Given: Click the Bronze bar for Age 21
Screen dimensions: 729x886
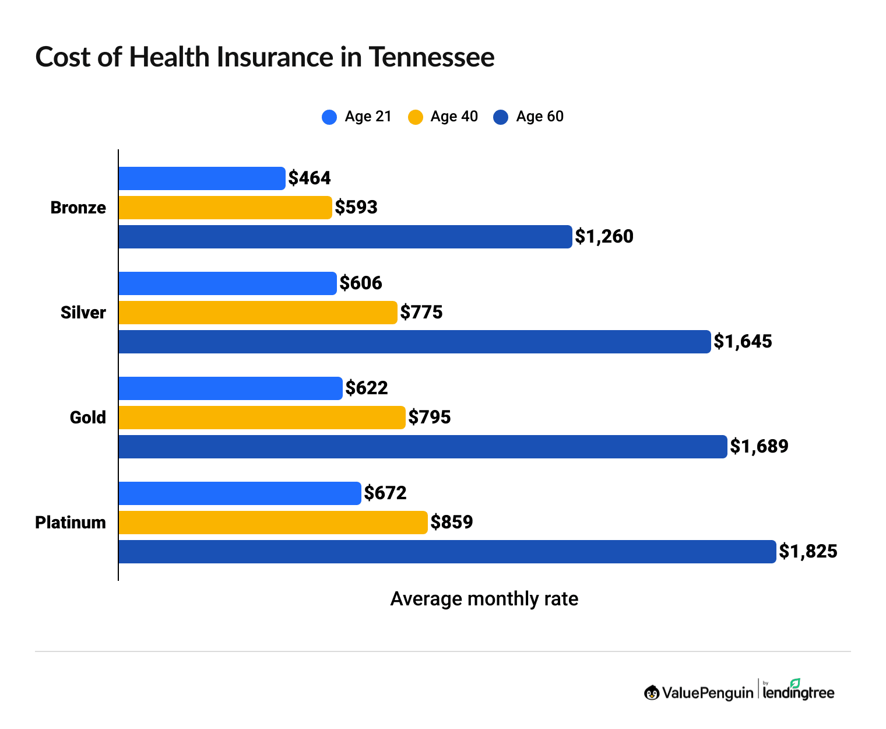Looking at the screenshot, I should (x=202, y=178).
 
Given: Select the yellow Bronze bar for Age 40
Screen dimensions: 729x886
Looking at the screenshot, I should (x=225, y=208).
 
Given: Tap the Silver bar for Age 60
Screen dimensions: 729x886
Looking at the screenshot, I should (x=414, y=342).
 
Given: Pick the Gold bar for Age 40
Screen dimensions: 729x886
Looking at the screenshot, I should (x=262, y=418).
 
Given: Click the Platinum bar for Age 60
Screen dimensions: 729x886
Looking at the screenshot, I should (x=447, y=552).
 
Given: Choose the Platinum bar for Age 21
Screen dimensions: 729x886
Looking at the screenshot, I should (x=240, y=493).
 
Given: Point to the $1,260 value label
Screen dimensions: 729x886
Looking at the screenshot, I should (x=604, y=236).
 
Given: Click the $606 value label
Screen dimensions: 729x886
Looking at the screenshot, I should (x=361, y=283).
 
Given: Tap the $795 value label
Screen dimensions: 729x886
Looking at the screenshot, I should (x=430, y=417).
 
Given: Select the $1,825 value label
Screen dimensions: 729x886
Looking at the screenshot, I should (x=808, y=551).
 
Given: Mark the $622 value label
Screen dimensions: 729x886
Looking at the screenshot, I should (x=367, y=388).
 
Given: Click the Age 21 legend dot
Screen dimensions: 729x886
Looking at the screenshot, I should (x=329, y=117).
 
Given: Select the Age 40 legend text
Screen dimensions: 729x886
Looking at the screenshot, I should (x=454, y=117).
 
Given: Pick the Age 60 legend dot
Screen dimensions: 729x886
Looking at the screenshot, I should (x=501, y=117).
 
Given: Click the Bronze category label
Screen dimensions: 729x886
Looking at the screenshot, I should (x=78, y=208).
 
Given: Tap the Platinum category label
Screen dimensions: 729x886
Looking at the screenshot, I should (x=71, y=523).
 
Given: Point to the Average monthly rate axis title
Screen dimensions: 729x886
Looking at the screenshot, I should (x=484, y=599).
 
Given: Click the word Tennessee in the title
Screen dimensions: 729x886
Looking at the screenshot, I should (x=431, y=57).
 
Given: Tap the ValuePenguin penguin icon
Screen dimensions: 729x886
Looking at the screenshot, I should (x=652, y=692).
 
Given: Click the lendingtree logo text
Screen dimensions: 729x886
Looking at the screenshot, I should (x=799, y=693).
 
